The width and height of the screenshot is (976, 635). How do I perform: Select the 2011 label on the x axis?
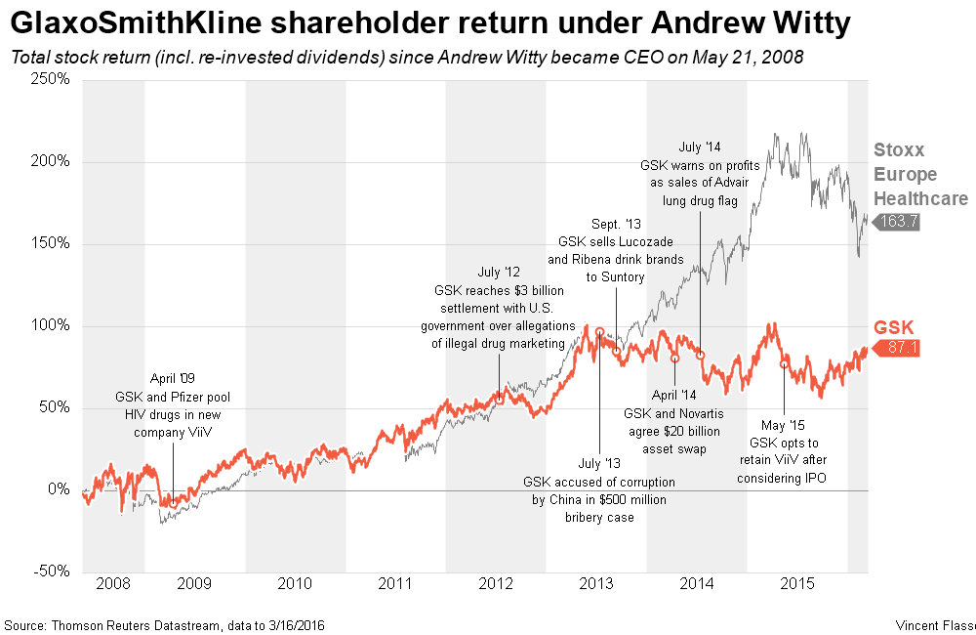(x=395, y=584)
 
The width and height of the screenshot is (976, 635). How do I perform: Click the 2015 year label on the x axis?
(x=796, y=584)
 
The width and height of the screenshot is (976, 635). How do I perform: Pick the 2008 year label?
(x=113, y=584)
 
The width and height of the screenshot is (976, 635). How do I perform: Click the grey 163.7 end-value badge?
(x=899, y=222)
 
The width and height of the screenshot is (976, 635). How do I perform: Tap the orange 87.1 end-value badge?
(x=901, y=349)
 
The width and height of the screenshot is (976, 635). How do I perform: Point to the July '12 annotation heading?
(x=499, y=273)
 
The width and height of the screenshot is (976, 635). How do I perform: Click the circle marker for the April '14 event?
(x=674, y=359)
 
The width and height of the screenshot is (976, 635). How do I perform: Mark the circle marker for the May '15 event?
(x=785, y=364)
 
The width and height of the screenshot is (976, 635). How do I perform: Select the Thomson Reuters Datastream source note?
(x=163, y=624)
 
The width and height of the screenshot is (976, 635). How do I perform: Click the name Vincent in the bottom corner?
(x=918, y=624)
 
